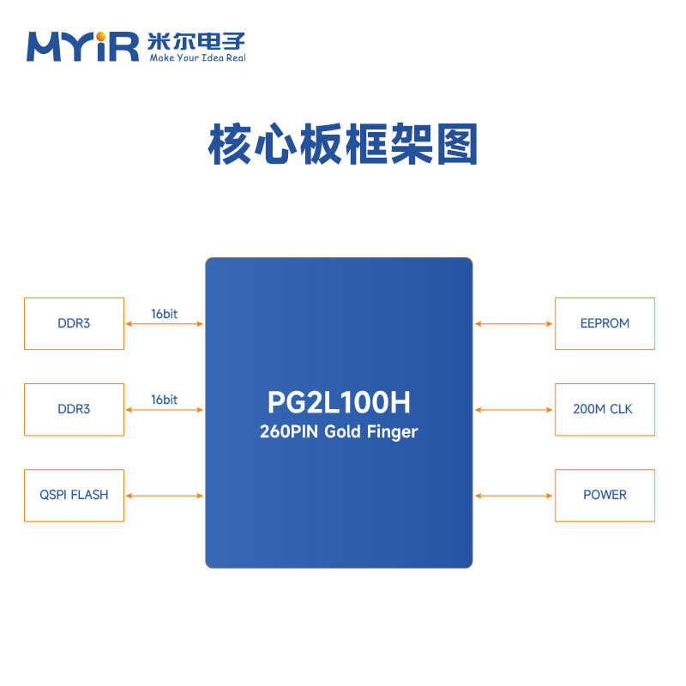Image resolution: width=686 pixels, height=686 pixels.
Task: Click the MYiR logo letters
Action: coord(82,46)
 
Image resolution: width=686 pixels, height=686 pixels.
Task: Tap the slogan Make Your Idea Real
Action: coord(197,58)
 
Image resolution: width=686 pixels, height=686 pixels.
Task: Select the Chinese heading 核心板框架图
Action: coord(342,145)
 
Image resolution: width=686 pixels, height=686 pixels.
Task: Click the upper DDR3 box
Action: coord(74,323)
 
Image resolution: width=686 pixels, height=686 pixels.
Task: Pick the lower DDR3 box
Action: coord(74,409)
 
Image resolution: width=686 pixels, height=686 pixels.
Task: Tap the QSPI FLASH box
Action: coord(74,495)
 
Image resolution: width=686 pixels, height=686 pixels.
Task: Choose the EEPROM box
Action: coord(605,323)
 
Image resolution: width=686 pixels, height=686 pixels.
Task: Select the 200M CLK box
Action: coord(605,409)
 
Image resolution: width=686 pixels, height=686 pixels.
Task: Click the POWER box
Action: coord(605,495)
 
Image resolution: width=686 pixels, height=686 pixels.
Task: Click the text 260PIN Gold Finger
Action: coord(339,431)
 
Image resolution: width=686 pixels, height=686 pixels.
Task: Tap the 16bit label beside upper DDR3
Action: coord(164,314)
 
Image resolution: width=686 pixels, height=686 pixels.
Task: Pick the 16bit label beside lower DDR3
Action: coord(164,400)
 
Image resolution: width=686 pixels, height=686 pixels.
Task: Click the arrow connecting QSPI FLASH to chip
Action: coord(165,496)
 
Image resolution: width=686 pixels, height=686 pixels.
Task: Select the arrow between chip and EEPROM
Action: coord(514,324)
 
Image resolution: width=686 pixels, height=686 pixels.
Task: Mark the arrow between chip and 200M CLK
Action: coord(514,410)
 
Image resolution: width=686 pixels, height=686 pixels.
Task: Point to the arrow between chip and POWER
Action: coord(514,496)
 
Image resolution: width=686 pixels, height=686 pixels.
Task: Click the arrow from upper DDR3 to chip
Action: coord(165,324)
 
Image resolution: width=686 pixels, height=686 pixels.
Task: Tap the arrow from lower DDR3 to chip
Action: coord(165,410)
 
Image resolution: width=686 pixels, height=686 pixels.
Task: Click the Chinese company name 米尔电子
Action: coord(196,40)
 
